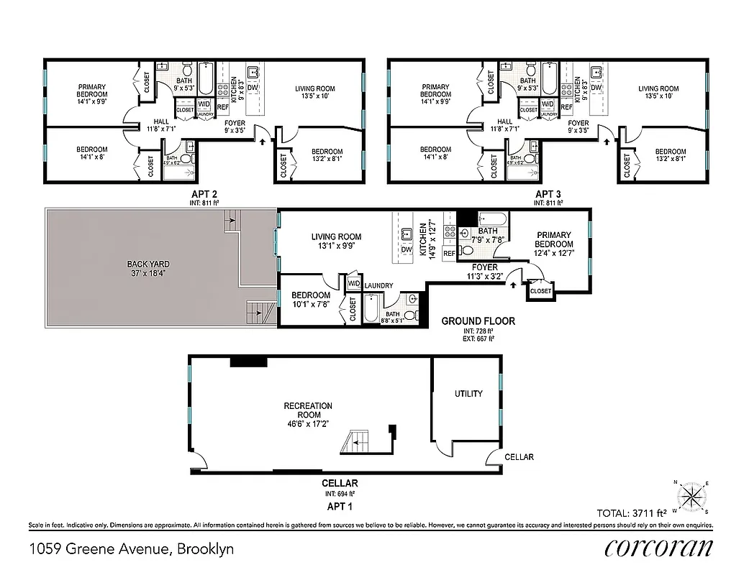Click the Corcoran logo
pos(658,548)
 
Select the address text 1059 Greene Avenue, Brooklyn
pos(132,549)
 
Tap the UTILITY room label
pos(468,394)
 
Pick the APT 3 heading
pos(548,194)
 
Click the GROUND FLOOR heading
pos(478,321)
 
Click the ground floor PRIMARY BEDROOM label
pos(553,239)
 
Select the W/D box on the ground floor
pos(354,283)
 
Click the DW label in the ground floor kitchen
pos(407,249)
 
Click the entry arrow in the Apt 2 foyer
pos(261,142)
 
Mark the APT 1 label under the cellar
pos(340,506)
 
